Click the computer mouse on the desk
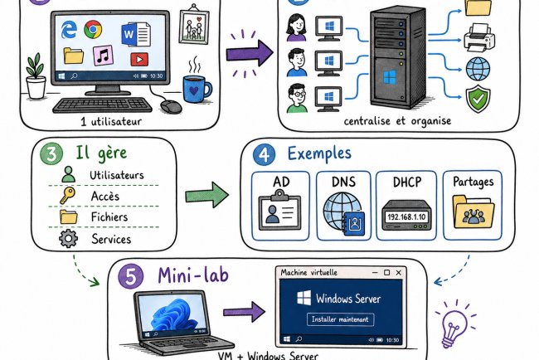(x=171, y=107)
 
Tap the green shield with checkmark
(x=478, y=101)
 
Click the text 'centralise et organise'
(x=397, y=120)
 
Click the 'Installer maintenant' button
(x=340, y=319)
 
